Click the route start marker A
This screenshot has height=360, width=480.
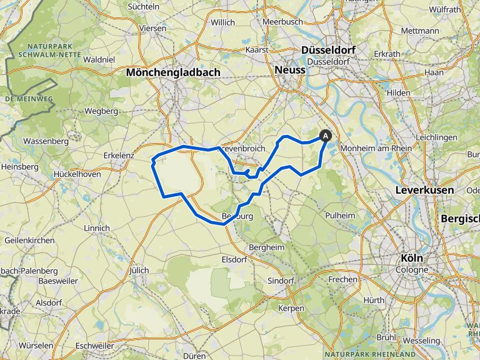coord(325,134)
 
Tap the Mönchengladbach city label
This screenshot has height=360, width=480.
coord(173,72)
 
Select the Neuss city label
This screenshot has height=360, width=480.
coord(290,71)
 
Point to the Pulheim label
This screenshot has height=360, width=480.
coord(340,215)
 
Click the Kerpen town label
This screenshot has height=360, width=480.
coord(291,308)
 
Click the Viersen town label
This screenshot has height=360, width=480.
coord(153,29)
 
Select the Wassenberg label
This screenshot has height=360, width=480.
coord(45,141)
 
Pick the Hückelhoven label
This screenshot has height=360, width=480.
coord(77,174)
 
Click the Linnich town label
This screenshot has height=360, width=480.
coord(96,228)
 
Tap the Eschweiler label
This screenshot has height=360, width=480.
coord(94,346)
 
